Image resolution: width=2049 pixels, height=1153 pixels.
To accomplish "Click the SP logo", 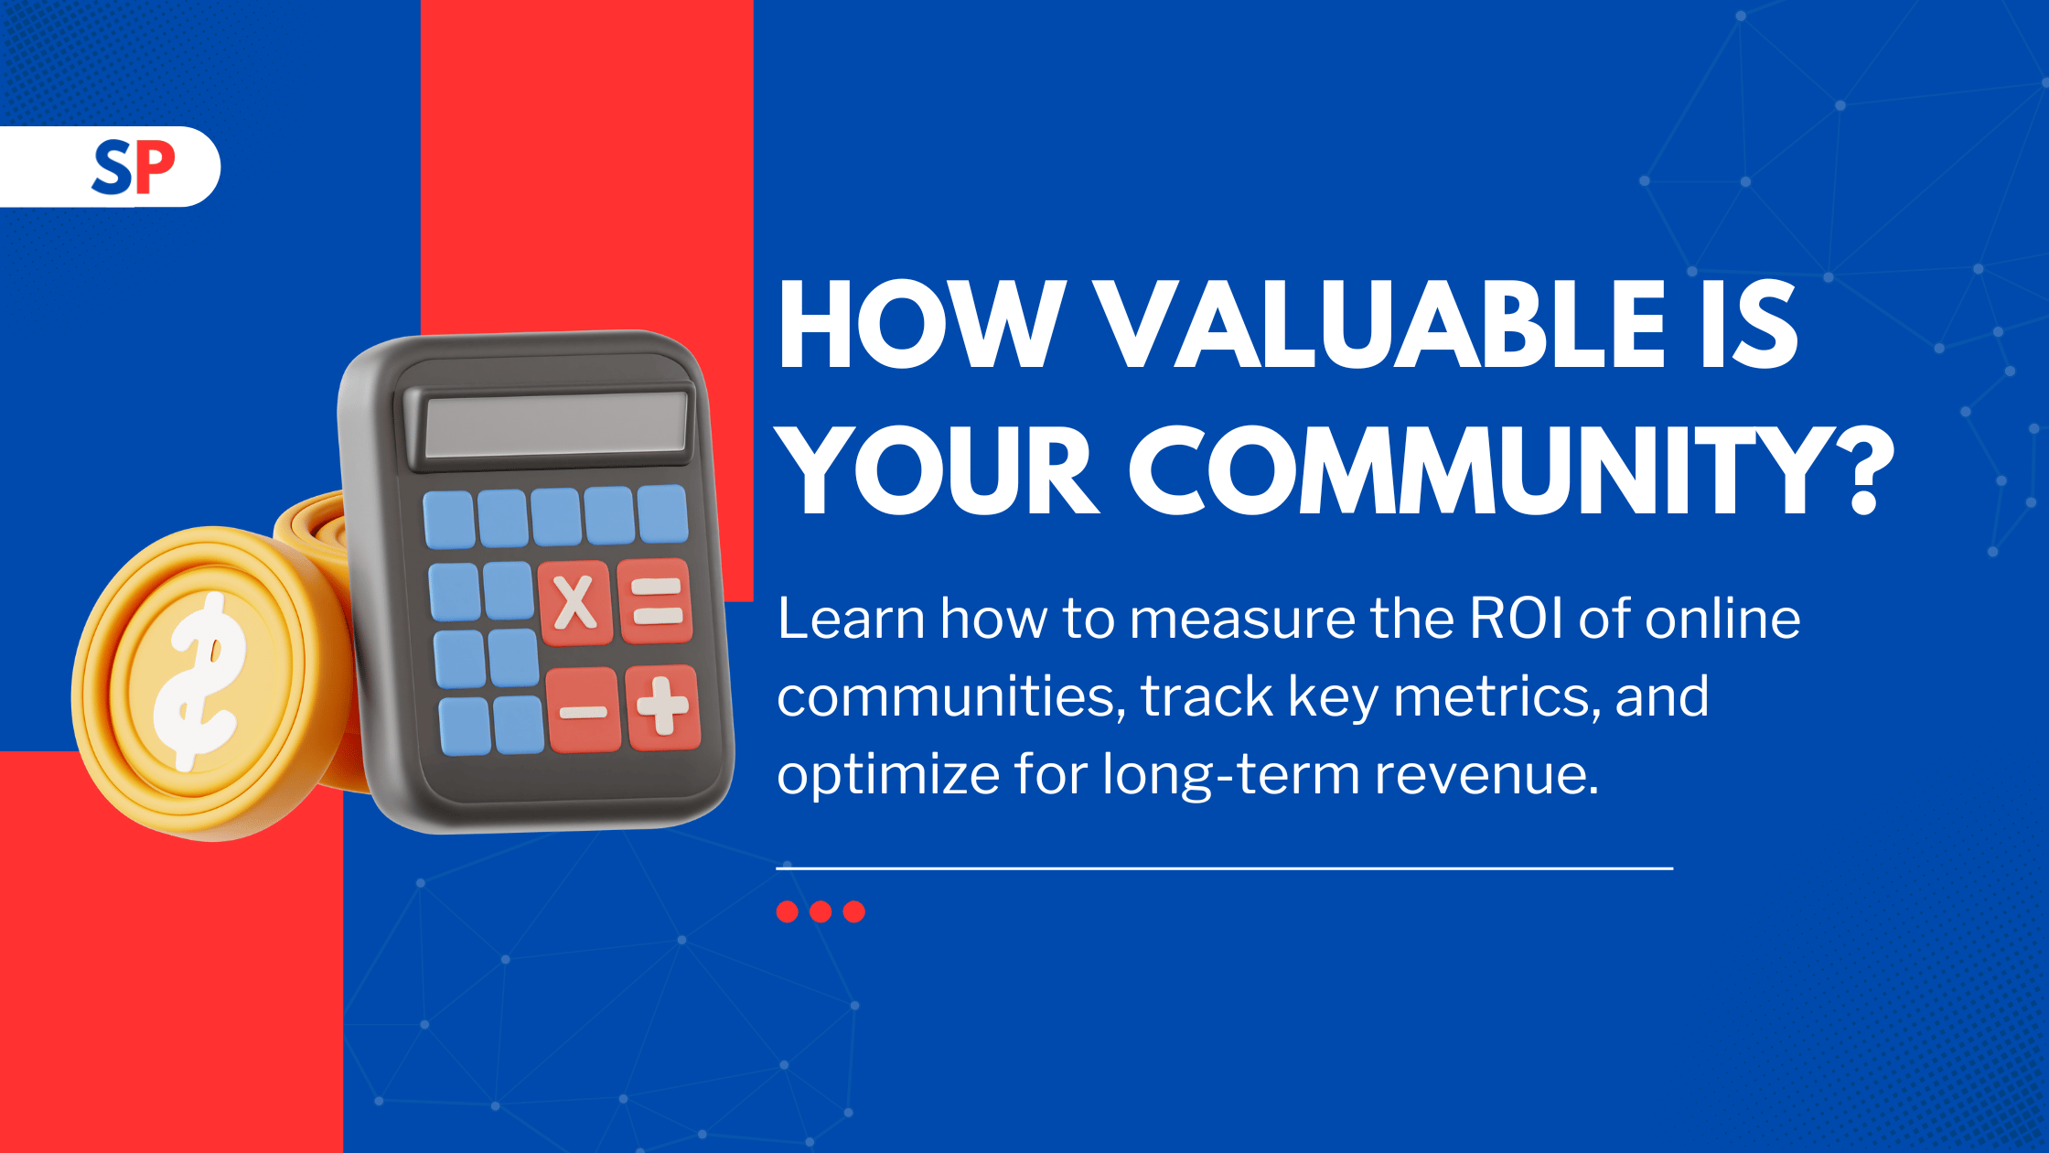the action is click(134, 167).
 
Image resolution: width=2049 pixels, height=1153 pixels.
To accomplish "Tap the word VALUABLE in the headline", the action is click(1380, 324).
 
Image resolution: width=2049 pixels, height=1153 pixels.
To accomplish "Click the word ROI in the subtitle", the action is click(1516, 619).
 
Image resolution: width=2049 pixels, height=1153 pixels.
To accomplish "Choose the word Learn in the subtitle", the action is click(851, 619).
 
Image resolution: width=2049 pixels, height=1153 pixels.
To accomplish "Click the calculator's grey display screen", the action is click(556, 425).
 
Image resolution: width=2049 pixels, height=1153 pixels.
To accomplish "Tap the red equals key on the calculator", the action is click(656, 601).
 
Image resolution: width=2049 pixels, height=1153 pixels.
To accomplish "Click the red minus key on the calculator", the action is click(584, 710).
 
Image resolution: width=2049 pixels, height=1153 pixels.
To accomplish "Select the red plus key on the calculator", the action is click(663, 707).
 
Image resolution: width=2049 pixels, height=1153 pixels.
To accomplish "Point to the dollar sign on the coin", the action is click(199, 682).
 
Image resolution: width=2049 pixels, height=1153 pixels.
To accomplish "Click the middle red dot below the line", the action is click(821, 911).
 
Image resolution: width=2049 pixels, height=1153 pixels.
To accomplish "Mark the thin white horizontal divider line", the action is click(1225, 867).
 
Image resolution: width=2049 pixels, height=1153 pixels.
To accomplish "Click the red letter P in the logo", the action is click(155, 166).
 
